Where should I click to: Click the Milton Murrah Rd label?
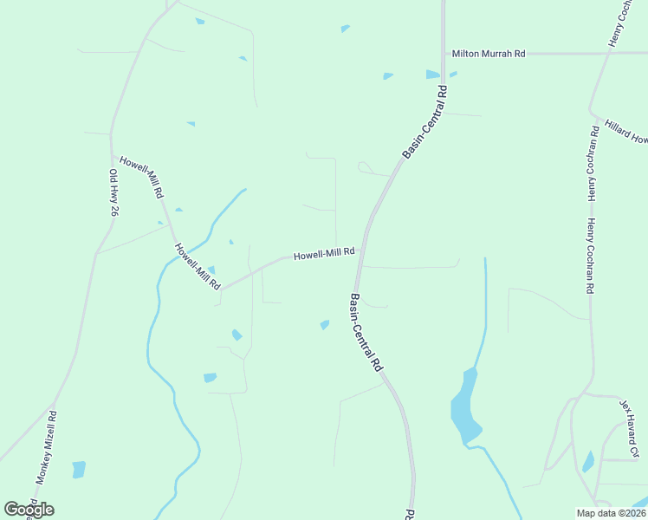pyautogui.click(x=489, y=54)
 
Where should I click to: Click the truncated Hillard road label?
pyautogui.click(x=626, y=132)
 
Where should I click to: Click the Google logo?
pyautogui.click(x=29, y=509)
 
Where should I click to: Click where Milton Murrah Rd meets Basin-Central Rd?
pyautogui.click(x=443, y=54)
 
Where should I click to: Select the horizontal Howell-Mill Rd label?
pyautogui.click(x=324, y=254)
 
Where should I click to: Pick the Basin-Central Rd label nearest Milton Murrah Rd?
pyautogui.click(x=425, y=121)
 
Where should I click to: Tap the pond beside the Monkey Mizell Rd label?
pyautogui.click(x=79, y=470)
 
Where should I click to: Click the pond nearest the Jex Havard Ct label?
pyautogui.click(x=589, y=462)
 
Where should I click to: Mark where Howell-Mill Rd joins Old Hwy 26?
pyautogui.click(x=113, y=156)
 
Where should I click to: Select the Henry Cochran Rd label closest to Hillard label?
pyautogui.click(x=593, y=163)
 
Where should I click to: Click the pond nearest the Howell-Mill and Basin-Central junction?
pyautogui.click(x=325, y=325)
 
